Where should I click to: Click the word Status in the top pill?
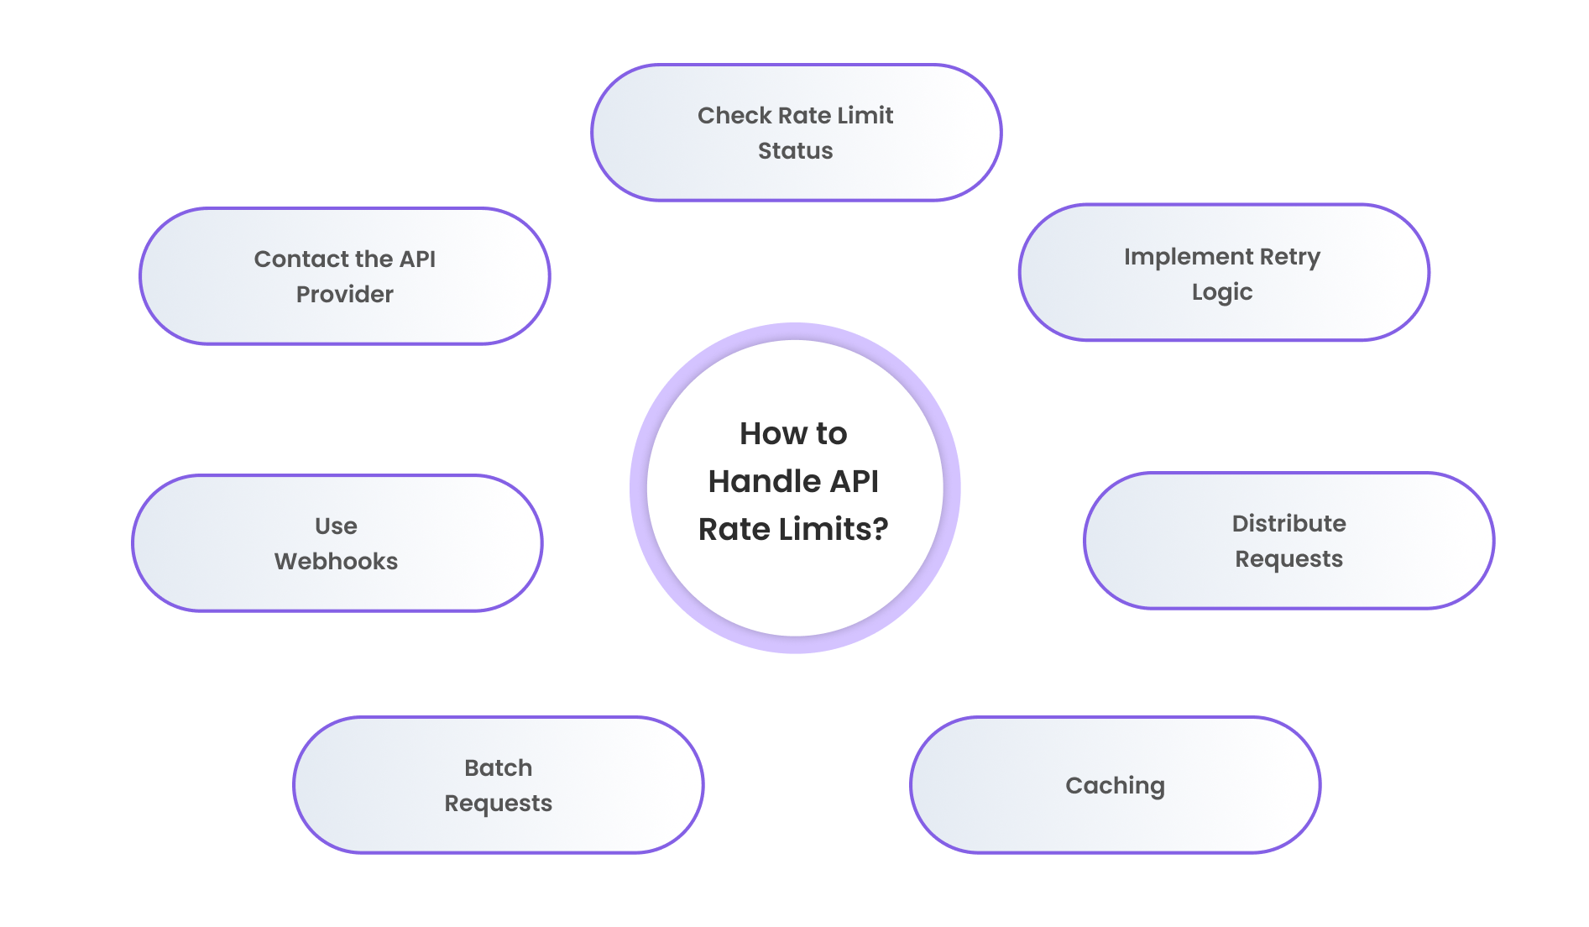pos(795,151)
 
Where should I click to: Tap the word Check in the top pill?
pos(734,116)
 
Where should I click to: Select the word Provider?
pos(344,295)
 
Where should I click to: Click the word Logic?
pos(1221,292)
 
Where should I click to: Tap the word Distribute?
pos(1288,524)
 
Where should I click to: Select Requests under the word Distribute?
pos(1288,559)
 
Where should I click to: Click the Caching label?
pos(1115,786)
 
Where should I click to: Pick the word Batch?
pos(498,768)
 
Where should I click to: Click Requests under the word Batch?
pos(498,804)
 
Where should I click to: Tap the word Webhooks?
pos(336,562)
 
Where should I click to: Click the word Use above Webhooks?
pos(336,526)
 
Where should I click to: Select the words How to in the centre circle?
pos(793,434)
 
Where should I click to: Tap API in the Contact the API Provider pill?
pos(417,259)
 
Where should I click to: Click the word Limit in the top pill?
pos(865,116)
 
